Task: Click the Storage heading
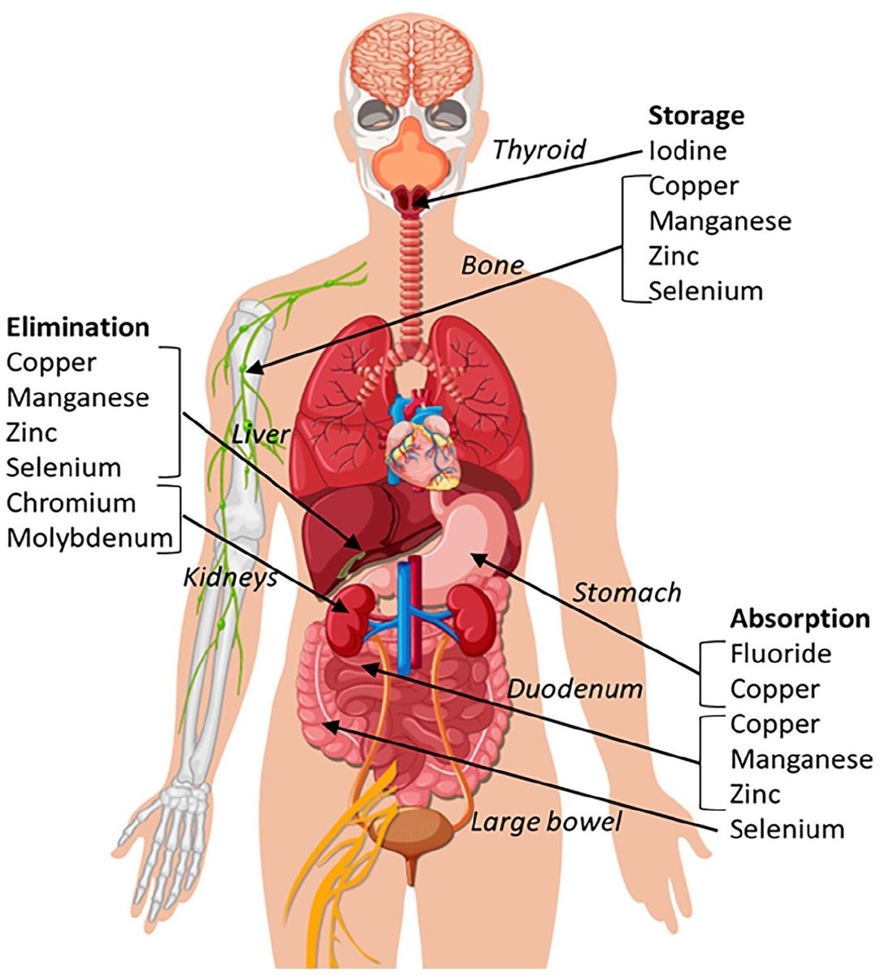pos(696,115)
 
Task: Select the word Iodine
pos(687,150)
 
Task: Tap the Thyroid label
pos(539,149)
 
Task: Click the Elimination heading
pos(78,327)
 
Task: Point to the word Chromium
pos(71,503)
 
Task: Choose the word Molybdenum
pos(89,538)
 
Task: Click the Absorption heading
pos(800,618)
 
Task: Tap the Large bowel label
pos(546,822)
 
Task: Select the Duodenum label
pos(574,690)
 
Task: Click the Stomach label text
pos(626,592)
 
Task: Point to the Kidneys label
pos(230,577)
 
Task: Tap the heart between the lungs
pos(423,451)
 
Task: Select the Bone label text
pos(492,266)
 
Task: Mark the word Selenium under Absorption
pos(787,830)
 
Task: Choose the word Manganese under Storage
pos(719,221)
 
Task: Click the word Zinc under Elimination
pos(32,432)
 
